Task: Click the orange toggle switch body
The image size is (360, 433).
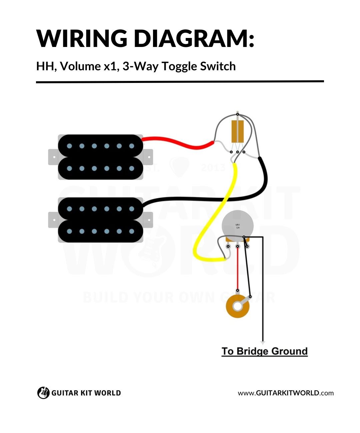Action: [x=237, y=130]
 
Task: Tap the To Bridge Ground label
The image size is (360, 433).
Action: [x=264, y=351]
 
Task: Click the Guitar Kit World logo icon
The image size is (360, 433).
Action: [x=43, y=393]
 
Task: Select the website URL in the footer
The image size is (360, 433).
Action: [x=286, y=393]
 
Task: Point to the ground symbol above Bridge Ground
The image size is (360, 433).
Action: [x=263, y=342]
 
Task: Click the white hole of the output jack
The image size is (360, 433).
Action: [x=238, y=306]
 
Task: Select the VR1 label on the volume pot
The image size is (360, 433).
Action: [x=238, y=225]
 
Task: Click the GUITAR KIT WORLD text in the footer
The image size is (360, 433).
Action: [x=86, y=393]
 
